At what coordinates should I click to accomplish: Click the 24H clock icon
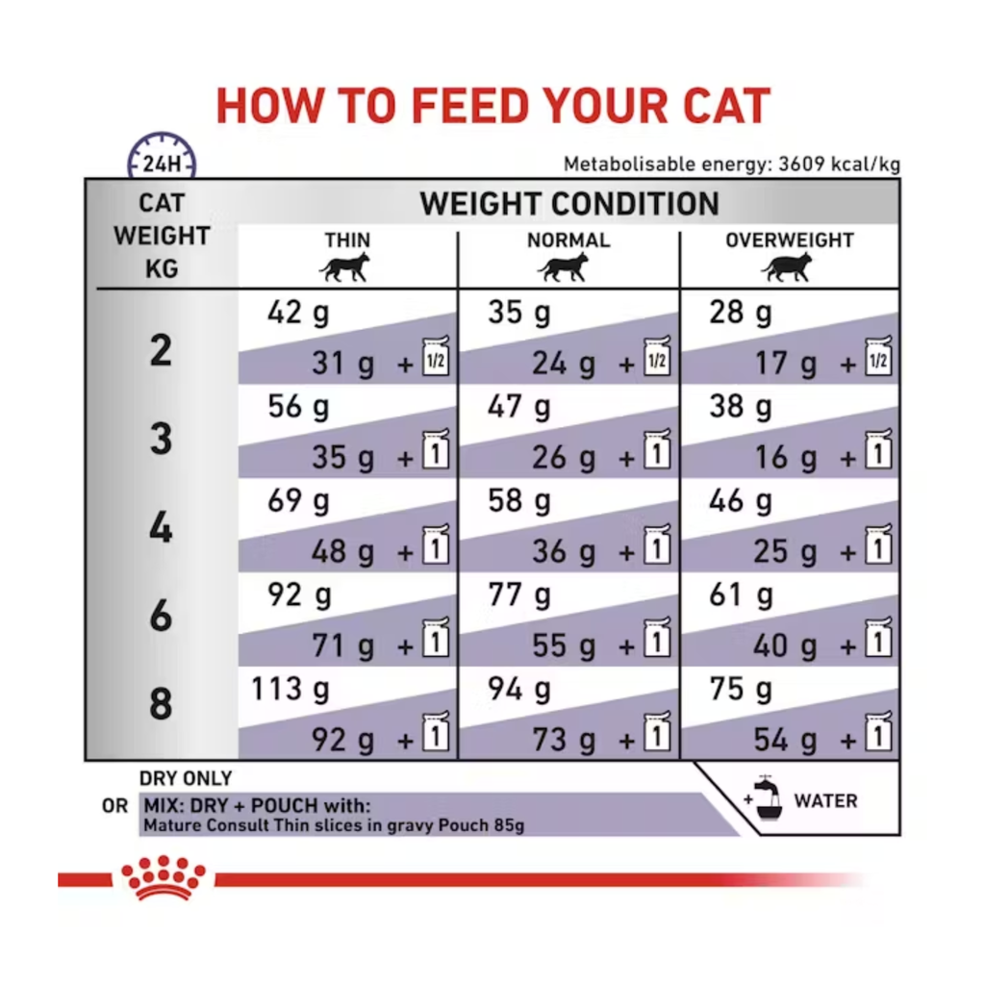click(162, 156)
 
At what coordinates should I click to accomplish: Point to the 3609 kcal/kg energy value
click(839, 164)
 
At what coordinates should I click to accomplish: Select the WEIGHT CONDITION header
click(569, 204)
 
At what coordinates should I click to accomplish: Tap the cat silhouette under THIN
click(344, 267)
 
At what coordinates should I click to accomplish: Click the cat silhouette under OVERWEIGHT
click(787, 267)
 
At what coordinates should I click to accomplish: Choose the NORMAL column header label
click(568, 240)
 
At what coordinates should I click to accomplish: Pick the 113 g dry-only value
click(290, 689)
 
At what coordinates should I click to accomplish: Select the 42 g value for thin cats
click(298, 313)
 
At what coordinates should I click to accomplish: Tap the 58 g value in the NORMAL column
click(518, 500)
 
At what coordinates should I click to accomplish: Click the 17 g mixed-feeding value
click(785, 363)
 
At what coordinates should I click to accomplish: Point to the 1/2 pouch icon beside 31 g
click(436, 356)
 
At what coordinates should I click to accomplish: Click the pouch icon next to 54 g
click(877, 732)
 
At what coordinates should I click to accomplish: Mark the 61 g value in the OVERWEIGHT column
click(741, 594)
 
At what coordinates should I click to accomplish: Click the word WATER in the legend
click(825, 801)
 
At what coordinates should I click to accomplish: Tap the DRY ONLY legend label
click(186, 778)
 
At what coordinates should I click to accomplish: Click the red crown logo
click(164, 877)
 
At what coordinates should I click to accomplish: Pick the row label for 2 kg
click(161, 350)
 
